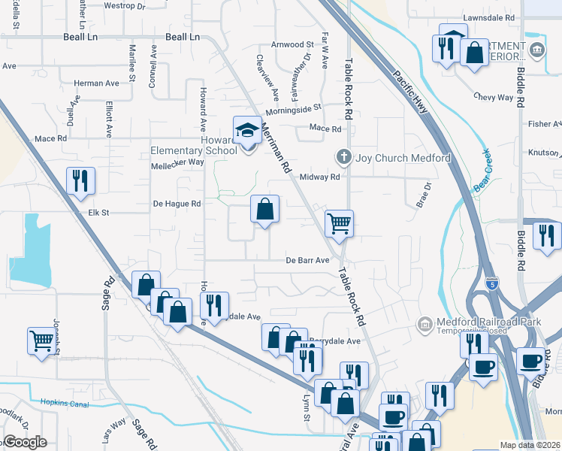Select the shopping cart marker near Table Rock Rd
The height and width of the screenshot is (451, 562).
(x=339, y=222)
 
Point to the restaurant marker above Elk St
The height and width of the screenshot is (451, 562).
(x=80, y=181)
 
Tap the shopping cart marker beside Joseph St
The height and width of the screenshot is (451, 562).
(x=41, y=341)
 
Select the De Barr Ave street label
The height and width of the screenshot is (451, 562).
(x=308, y=260)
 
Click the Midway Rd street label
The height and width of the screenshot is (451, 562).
(x=320, y=177)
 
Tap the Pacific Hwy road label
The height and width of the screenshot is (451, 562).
(x=409, y=92)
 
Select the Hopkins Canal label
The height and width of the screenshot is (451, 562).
(x=65, y=404)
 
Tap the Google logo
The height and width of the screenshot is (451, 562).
(x=26, y=442)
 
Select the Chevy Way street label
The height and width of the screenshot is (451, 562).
(x=494, y=97)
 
